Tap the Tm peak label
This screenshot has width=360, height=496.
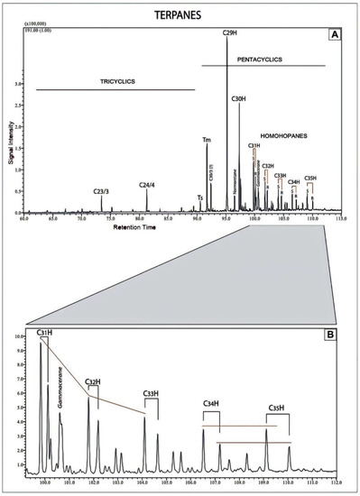pyautogui.click(x=208, y=140)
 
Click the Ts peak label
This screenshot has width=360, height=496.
pyautogui.click(x=200, y=196)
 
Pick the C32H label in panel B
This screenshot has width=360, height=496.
pyautogui.click(x=94, y=382)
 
